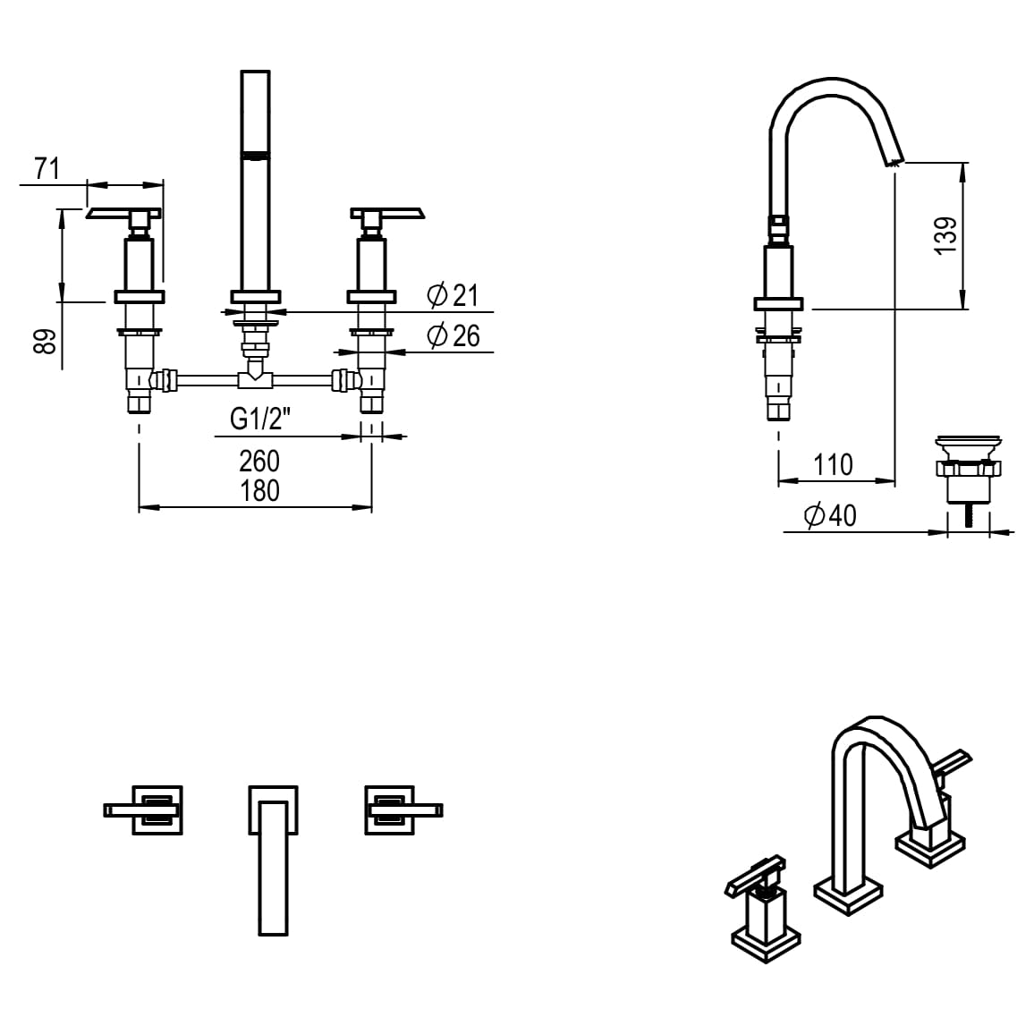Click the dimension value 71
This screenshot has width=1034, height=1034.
click(x=47, y=167)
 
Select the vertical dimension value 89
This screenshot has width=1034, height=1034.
click(x=46, y=341)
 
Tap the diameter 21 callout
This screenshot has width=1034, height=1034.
click(x=453, y=295)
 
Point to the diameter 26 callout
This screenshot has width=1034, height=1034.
click(x=453, y=336)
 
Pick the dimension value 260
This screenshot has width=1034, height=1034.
click(x=259, y=461)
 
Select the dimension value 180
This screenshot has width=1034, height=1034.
click(x=259, y=490)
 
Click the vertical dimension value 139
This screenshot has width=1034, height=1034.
click(x=945, y=235)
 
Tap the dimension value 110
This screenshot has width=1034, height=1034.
click(x=833, y=464)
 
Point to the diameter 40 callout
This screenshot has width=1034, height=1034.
click(x=830, y=515)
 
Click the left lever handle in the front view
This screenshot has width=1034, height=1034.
click(x=123, y=213)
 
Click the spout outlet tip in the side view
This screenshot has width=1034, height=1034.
click(x=894, y=162)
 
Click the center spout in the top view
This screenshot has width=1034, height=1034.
click(x=273, y=859)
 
